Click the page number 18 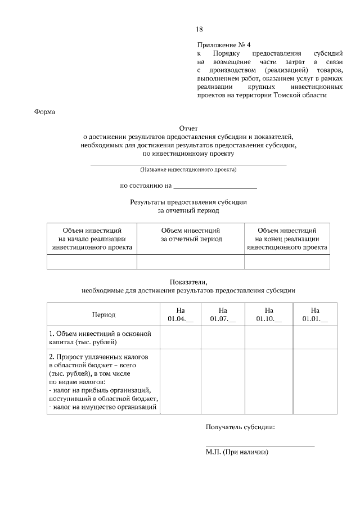click(199, 29)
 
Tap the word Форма click(44, 111)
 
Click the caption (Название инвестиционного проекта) click(188, 169)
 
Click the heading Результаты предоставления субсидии click(188, 202)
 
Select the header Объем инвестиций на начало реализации click(92, 238)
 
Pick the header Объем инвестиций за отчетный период click(191, 235)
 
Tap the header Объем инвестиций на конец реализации click(287, 238)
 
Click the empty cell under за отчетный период click(191, 262)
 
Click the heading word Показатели click(188, 282)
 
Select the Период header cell click(103, 315)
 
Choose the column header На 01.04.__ click(181, 315)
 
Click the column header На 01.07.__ click(223, 315)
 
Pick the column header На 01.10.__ click(269, 315)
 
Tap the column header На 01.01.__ click(314, 315)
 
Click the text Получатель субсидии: click(240, 427)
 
